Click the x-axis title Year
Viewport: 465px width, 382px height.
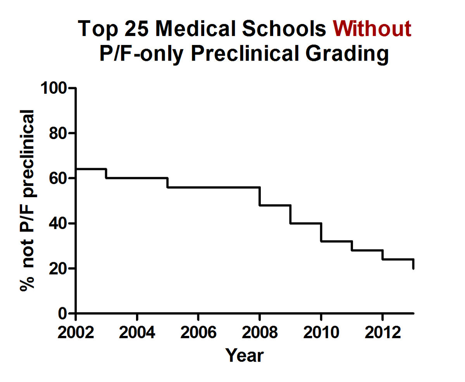pyautogui.click(x=244, y=355)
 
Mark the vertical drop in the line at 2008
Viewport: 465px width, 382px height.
pyautogui.click(x=260, y=196)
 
